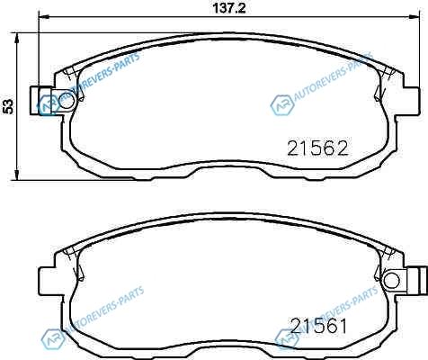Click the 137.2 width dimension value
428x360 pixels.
pyautogui.click(x=229, y=8)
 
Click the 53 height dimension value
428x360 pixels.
pyautogui.click(x=8, y=106)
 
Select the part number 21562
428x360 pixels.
pyautogui.click(x=317, y=148)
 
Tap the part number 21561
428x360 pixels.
pyautogui.click(x=319, y=326)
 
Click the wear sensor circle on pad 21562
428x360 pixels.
pyautogui.click(x=67, y=101)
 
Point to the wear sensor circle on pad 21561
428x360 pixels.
pyautogui.click(x=392, y=281)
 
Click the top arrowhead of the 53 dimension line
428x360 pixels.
pyautogui.click(x=17, y=38)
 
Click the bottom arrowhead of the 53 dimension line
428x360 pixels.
pyautogui.click(x=17, y=175)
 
